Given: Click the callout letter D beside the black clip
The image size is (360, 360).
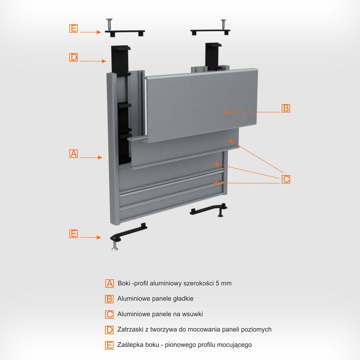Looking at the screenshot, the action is coord(73,57).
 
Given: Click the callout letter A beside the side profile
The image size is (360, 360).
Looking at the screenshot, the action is coord(73,154).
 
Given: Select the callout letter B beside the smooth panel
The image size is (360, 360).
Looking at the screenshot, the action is coord(286,108).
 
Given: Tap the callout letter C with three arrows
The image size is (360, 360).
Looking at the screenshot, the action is coord(286,179).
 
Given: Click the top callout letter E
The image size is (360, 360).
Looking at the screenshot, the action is coord(73,28).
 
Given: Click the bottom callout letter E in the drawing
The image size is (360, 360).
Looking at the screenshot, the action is coord(73,234).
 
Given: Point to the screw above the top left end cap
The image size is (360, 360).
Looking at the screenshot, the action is coord(109,24).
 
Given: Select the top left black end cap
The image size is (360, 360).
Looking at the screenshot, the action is coord(125,33).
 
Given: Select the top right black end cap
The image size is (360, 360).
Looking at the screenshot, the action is coord(211,32).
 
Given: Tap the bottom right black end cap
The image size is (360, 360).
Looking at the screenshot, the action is coord(209,209).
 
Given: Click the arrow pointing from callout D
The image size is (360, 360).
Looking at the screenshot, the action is coord(93,61).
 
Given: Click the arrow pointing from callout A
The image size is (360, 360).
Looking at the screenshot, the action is coord(91,157).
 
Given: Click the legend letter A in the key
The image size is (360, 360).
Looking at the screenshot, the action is coord(110,284).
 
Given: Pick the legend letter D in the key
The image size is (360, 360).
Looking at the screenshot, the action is coord(109,330).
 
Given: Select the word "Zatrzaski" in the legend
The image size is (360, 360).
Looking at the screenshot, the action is coord(130,329).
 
